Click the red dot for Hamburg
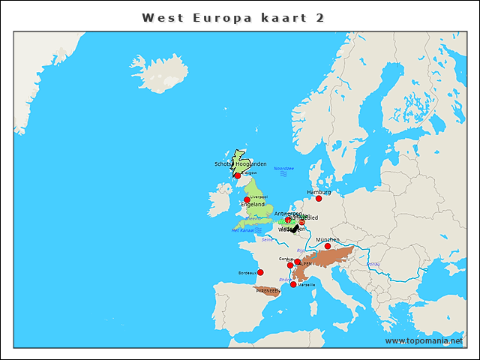[x=319, y=198]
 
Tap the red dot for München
[x=327, y=246]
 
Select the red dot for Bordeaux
[x=260, y=272]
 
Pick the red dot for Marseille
[x=293, y=284]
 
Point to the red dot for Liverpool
[x=247, y=199]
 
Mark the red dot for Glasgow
[x=238, y=175]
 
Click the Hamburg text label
[x=319, y=192]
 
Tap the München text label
[x=327, y=240]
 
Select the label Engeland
[x=252, y=204]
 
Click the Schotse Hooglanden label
[x=240, y=163]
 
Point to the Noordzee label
[x=284, y=169]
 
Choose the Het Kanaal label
[x=243, y=230]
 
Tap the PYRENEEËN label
[x=268, y=290]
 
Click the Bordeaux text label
[x=246, y=272]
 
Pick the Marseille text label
[x=307, y=285]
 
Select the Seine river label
[x=267, y=240]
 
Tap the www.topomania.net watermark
[x=424, y=340]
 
